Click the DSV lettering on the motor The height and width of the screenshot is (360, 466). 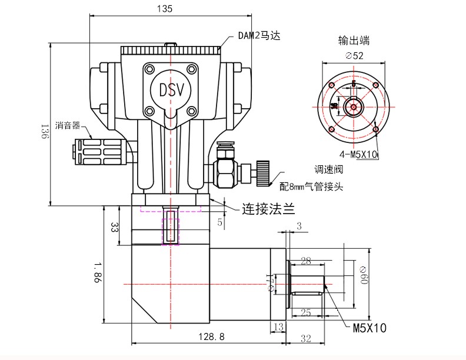point(171,90)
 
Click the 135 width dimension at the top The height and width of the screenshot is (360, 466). point(165,9)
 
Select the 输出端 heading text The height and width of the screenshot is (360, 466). point(354,41)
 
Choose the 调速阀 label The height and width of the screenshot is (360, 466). point(328,169)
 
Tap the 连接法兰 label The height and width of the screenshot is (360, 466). point(268,208)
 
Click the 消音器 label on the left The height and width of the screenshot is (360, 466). point(68,125)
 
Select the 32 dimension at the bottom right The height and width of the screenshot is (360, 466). point(305,338)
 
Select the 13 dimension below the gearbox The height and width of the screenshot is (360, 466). point(278,326)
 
